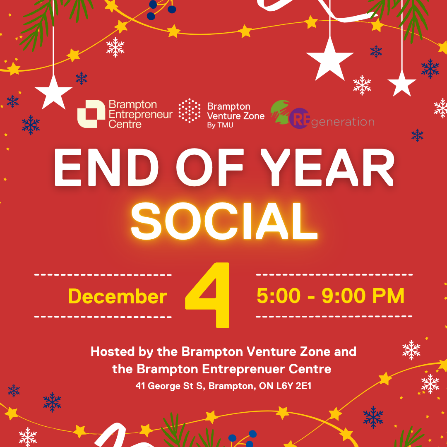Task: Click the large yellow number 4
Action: (208, 295)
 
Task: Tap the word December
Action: (118, 297)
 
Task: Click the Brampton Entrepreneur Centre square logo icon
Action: (91, 113)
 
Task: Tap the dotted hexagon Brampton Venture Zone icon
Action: (189, 111)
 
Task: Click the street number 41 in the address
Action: (141, 386)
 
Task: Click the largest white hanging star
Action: (329, 59)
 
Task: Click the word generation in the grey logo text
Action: (342, 122)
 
